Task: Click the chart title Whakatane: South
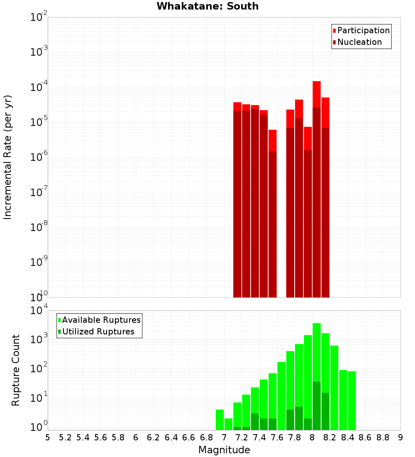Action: pos(207,6)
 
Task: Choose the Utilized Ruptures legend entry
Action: pos(98,332)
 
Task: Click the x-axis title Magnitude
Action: pos(224,450)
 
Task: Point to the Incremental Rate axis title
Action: pos(7,157)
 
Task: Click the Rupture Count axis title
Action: pos(15,370)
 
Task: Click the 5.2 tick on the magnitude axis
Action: pos(65,437)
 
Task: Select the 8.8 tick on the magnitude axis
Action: pos(383,437)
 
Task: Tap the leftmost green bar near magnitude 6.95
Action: pos(220,420)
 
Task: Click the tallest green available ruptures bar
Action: pos(317,353)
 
